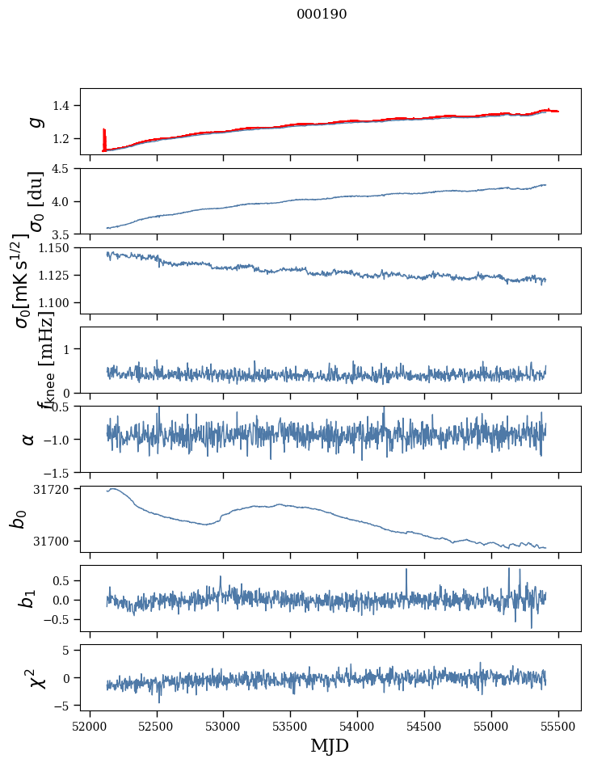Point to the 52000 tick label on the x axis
90,725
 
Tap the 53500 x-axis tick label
291,725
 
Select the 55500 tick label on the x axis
559,725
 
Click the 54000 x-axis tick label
358,725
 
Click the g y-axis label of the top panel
36,121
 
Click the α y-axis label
29,439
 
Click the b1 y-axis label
29,599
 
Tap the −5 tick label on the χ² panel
66,706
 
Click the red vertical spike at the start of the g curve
104,137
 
